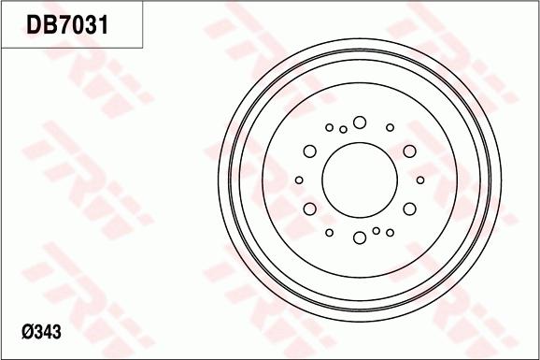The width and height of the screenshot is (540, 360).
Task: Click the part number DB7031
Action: coord(67,25)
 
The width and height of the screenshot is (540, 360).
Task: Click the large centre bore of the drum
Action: coord(360,180)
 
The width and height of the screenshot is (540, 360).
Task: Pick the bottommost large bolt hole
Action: coord(360,238)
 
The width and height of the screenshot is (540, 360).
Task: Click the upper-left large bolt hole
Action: coord(310,151)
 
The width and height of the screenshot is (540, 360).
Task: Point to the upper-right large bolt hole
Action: coord(409,151)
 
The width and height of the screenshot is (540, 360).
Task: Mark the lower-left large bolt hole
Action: coord(310,208)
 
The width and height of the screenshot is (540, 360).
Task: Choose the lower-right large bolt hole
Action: coord(409,208)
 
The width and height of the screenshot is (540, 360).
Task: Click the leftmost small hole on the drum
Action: coord(299,180)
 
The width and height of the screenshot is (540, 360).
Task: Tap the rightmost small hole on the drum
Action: coord(420,180)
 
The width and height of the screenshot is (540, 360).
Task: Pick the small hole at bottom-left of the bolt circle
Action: coord(329,232)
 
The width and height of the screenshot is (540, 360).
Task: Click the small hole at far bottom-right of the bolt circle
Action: coord(391,232)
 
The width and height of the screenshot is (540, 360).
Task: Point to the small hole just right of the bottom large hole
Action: coord(376,230)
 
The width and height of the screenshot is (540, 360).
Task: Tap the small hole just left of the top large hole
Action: coord(344,129)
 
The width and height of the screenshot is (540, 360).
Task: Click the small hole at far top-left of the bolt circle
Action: coord(329,127)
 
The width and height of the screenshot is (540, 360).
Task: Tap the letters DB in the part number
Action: coord(40,25)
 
